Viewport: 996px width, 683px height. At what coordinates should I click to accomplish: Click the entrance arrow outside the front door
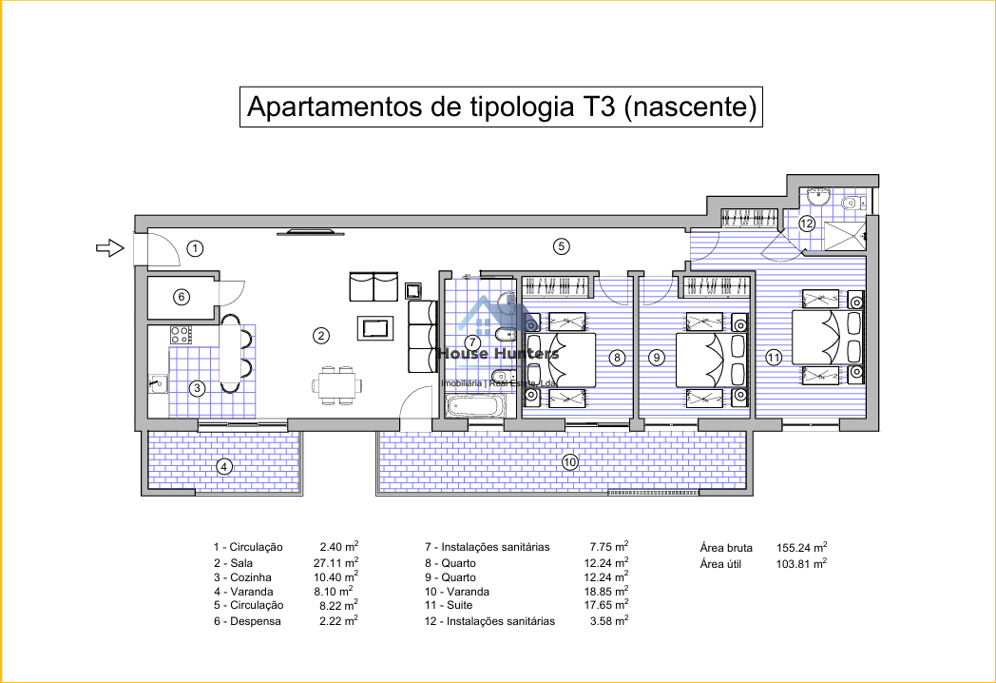110,247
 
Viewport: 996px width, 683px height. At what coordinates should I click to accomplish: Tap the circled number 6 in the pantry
182,297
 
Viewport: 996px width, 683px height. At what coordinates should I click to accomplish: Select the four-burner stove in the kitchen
181,335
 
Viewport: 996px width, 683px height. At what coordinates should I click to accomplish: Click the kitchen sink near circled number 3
158,383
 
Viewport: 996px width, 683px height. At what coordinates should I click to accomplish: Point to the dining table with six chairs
337,384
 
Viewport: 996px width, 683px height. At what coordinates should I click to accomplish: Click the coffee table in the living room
374,328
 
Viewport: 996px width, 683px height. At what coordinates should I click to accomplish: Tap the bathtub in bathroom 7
474,406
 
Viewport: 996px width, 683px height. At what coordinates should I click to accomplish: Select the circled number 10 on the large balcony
570,462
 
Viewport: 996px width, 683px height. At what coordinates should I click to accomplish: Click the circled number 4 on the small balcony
223,467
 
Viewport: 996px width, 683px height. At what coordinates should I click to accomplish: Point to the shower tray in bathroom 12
845,236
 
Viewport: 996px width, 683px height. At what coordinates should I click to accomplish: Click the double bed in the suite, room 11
819,337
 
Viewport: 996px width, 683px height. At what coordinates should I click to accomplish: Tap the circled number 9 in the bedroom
657,358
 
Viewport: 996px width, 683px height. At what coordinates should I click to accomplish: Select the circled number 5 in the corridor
561,246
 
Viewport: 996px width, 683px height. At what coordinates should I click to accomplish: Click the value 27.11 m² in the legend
338,562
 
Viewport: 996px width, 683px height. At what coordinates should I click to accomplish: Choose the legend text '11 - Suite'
449,605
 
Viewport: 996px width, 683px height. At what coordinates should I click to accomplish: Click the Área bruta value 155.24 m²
801,547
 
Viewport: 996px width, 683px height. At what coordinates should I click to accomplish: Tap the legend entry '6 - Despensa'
247,621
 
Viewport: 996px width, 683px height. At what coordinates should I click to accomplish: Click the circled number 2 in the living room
321,335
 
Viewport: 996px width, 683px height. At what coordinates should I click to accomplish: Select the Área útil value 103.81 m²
801,563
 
